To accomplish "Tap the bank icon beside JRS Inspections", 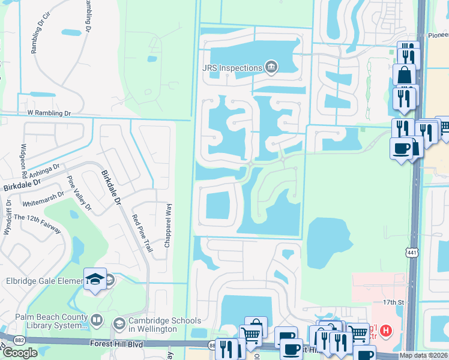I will click(271, 67).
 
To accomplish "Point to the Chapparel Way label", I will click(169, 222).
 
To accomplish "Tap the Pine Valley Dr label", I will click(79, 194).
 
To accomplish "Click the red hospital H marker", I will click(386, 329).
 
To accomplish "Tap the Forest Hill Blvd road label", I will click(118, 344).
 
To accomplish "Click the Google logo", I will click(20, 352).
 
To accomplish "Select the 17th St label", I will click(390, 304).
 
